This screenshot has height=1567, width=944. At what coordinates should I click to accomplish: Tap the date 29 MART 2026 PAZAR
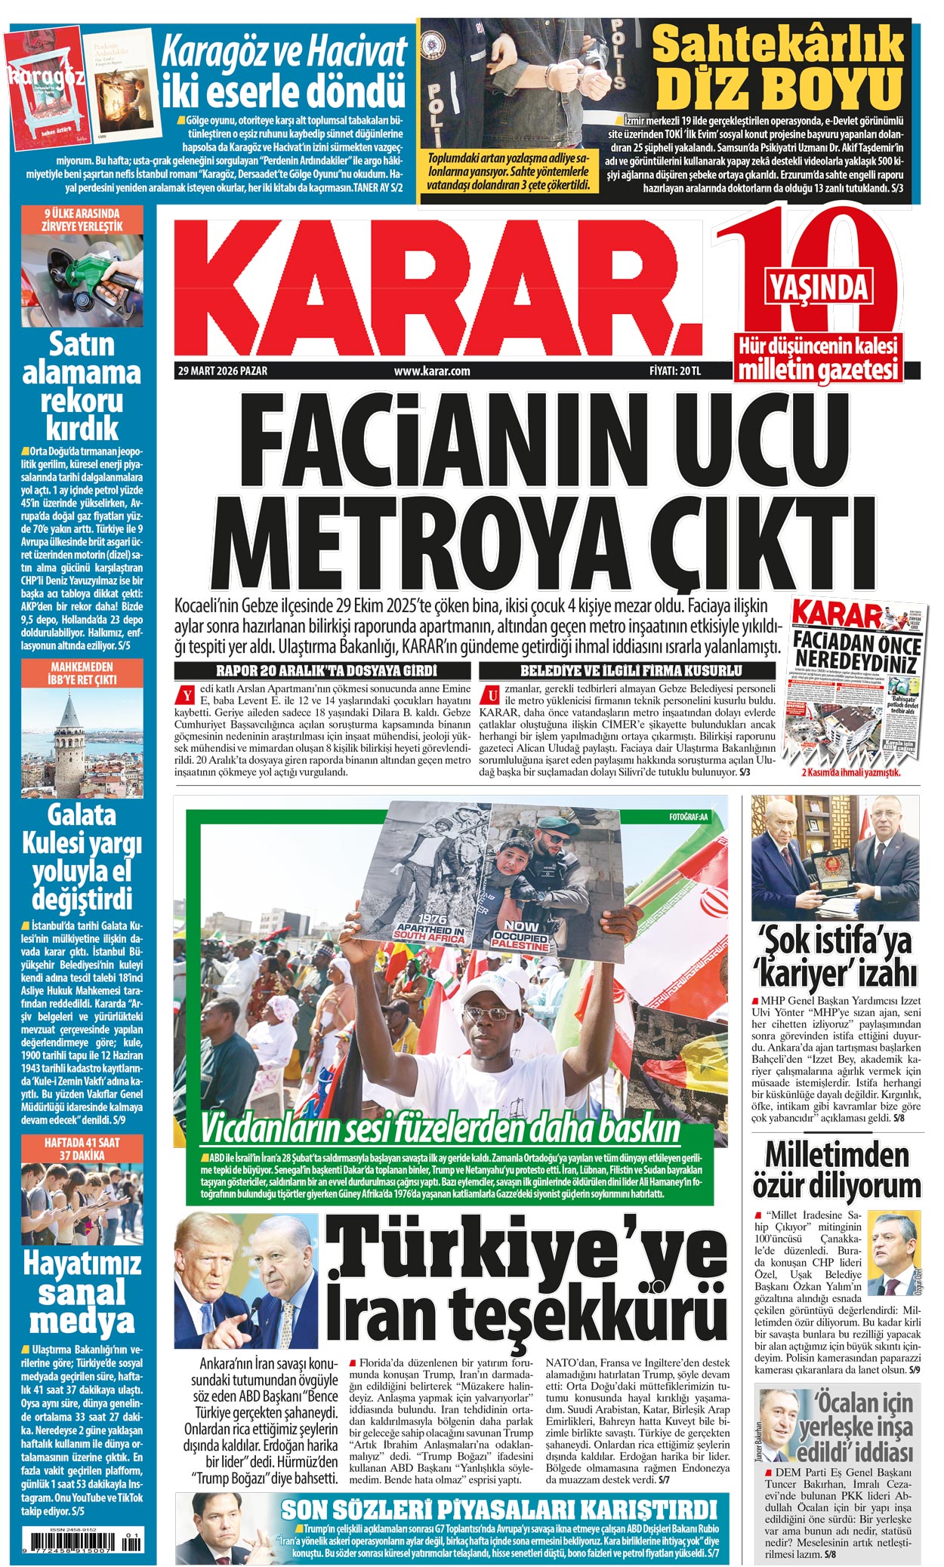coord(222,371)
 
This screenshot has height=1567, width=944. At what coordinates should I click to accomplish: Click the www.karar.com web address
coord(432,371)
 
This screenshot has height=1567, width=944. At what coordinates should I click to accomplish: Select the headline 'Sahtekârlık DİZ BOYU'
coord(778,68)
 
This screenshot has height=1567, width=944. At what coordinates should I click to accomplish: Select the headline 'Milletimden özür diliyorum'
coord(837,1171)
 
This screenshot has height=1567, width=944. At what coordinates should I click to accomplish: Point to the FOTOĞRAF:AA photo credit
coord(688,817)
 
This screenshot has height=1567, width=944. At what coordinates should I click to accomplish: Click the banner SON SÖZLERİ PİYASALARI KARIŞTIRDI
coord(498,1510)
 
